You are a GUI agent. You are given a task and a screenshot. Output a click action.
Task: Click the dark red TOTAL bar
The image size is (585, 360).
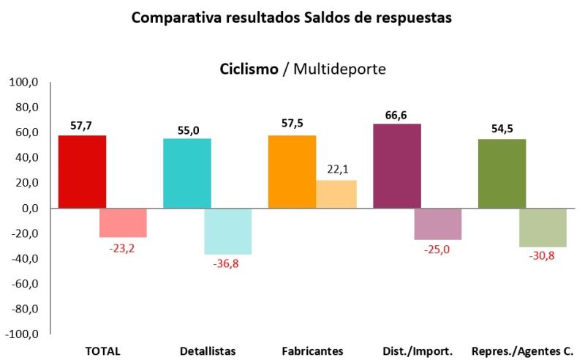82,172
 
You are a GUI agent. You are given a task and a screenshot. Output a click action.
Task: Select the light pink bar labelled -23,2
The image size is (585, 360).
123,222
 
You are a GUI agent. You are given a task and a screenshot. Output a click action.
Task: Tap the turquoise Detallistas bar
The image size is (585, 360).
187,173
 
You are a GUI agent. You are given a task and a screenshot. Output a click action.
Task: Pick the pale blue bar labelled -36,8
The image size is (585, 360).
227,231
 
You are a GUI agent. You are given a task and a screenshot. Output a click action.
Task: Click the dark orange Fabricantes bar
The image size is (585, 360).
292,172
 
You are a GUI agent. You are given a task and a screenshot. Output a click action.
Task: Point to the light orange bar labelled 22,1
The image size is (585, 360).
336,194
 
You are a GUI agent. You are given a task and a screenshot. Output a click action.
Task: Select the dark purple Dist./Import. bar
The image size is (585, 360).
397,166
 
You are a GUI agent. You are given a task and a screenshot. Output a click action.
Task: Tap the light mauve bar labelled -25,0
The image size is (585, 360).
438,224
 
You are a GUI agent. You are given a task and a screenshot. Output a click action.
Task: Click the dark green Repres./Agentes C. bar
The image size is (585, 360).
502,173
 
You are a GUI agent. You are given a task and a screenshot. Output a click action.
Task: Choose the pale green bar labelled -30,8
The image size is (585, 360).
543,228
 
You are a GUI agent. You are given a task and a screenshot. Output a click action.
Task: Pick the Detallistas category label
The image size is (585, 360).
208,350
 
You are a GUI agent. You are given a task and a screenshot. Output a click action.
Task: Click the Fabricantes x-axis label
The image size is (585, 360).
312,350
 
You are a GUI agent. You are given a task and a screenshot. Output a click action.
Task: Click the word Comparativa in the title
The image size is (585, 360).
170,17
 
